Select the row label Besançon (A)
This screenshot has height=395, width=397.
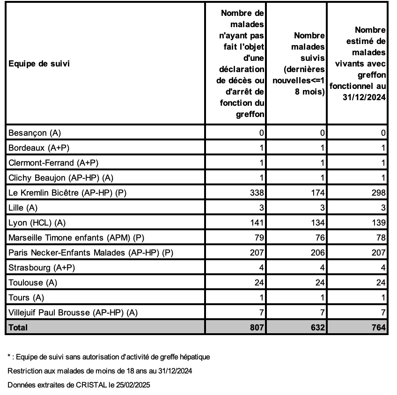[35, 133]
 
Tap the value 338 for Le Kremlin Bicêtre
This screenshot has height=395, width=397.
[257, 193]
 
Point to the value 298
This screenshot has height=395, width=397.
[379, 193]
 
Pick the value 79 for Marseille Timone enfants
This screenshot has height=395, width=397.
[259, 238]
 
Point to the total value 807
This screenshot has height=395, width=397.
[257, 328]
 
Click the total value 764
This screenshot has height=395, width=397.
[379, 328]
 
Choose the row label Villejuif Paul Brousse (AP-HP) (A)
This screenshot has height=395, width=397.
[74, 313]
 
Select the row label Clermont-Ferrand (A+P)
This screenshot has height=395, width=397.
[54, 163]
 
